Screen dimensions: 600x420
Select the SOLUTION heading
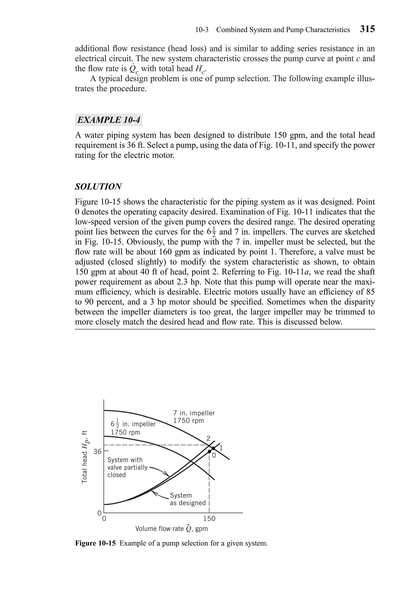click(98, 187)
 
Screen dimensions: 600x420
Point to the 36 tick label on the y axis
click(97, 451)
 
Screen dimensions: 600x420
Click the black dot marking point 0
click(209, 452)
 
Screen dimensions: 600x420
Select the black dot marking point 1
click(213, 448)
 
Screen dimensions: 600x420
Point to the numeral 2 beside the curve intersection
click(208, 438)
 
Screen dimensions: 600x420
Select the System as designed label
click(187, 499)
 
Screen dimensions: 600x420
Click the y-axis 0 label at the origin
click(99, 513)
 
